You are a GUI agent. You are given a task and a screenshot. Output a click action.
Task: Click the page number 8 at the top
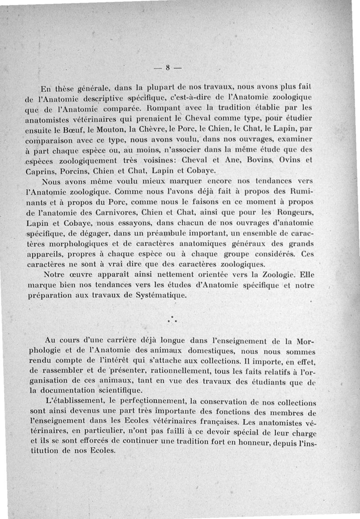point(167,68)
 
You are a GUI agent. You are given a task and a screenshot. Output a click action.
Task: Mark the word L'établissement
point(74,402)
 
